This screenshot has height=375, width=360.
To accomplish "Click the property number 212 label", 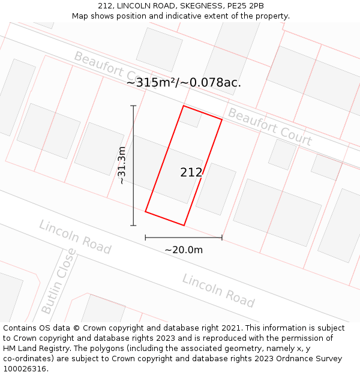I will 191,173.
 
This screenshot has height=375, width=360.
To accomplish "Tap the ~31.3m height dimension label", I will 121,165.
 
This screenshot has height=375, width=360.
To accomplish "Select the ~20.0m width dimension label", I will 184,250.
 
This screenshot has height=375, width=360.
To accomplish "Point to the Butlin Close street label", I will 58,281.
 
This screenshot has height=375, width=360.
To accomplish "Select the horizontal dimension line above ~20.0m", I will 184,238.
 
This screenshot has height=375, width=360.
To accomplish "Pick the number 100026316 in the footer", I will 23,368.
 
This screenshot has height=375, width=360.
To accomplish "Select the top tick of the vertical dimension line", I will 133,106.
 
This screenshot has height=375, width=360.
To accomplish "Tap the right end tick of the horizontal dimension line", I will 222,238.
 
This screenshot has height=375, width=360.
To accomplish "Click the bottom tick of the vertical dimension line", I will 133,226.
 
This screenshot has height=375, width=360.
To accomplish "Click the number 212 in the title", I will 106,6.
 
